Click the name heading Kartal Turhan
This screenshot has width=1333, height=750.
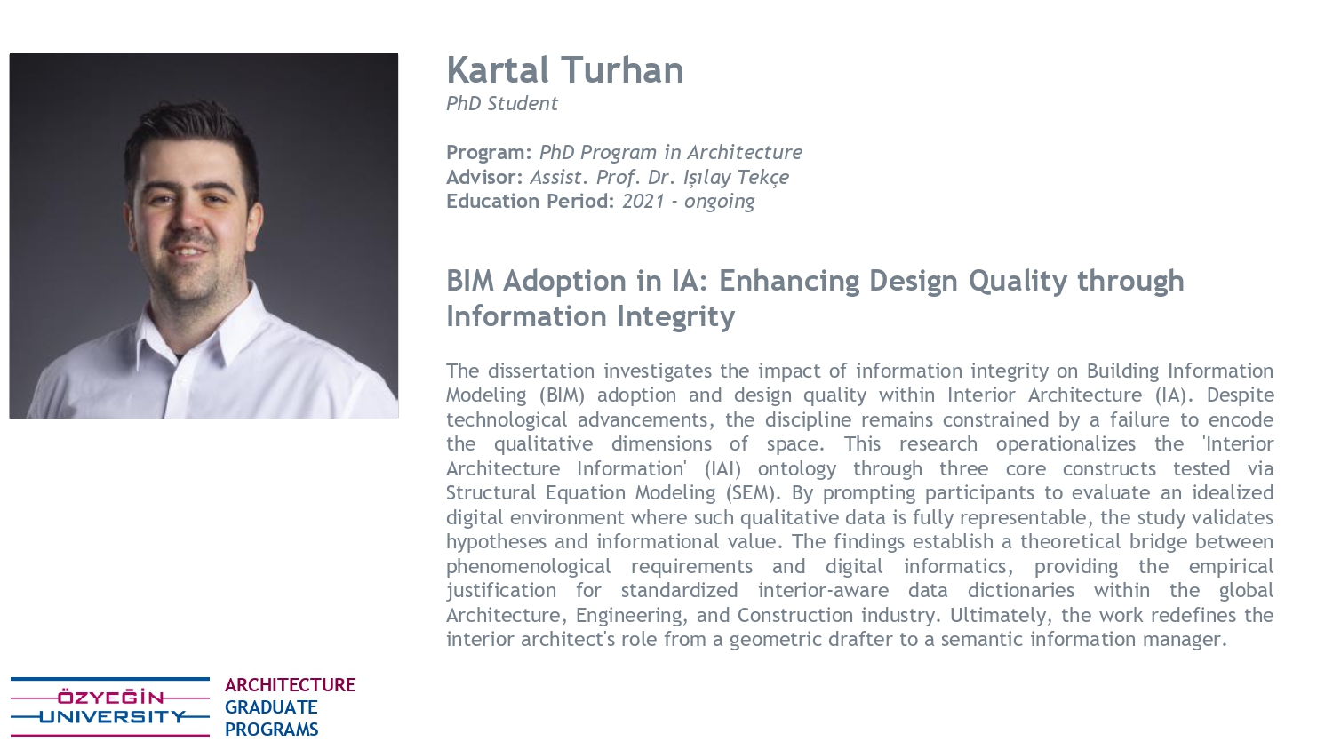[564, 69]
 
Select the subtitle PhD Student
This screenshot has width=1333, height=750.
[502, 104]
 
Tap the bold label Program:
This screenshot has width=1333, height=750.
[489, 152]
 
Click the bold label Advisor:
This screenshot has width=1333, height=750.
[484, 177]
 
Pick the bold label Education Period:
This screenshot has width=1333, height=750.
[530, 201]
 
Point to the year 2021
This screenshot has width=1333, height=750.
[643, 201]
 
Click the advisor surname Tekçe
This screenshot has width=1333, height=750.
[762, 178]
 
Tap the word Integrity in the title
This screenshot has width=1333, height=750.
[675, 316]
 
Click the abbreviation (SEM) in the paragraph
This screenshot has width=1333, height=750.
[752, 493]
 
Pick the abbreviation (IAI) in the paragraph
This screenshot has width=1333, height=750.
[722, 468]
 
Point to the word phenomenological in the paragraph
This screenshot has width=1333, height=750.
[529, 566]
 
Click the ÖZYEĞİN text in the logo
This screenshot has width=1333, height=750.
[111, 697]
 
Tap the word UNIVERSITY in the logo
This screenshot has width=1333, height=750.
[113, 716]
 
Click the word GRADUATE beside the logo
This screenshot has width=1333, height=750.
[271, 707]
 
